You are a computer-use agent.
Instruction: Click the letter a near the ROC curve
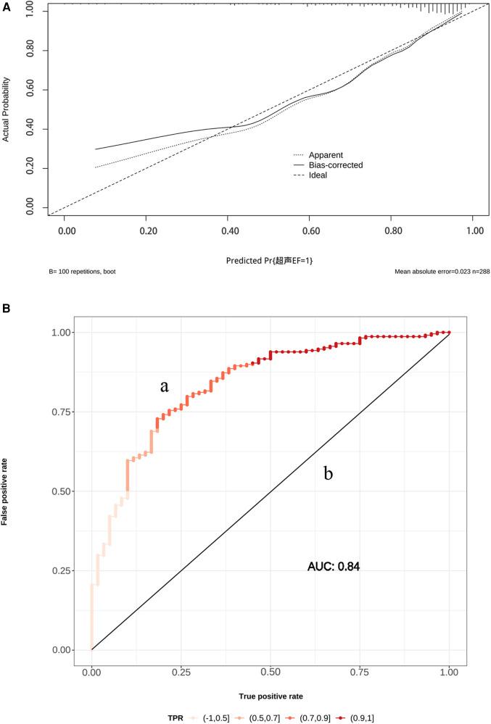pyautogui.click(x=165, y=387)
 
